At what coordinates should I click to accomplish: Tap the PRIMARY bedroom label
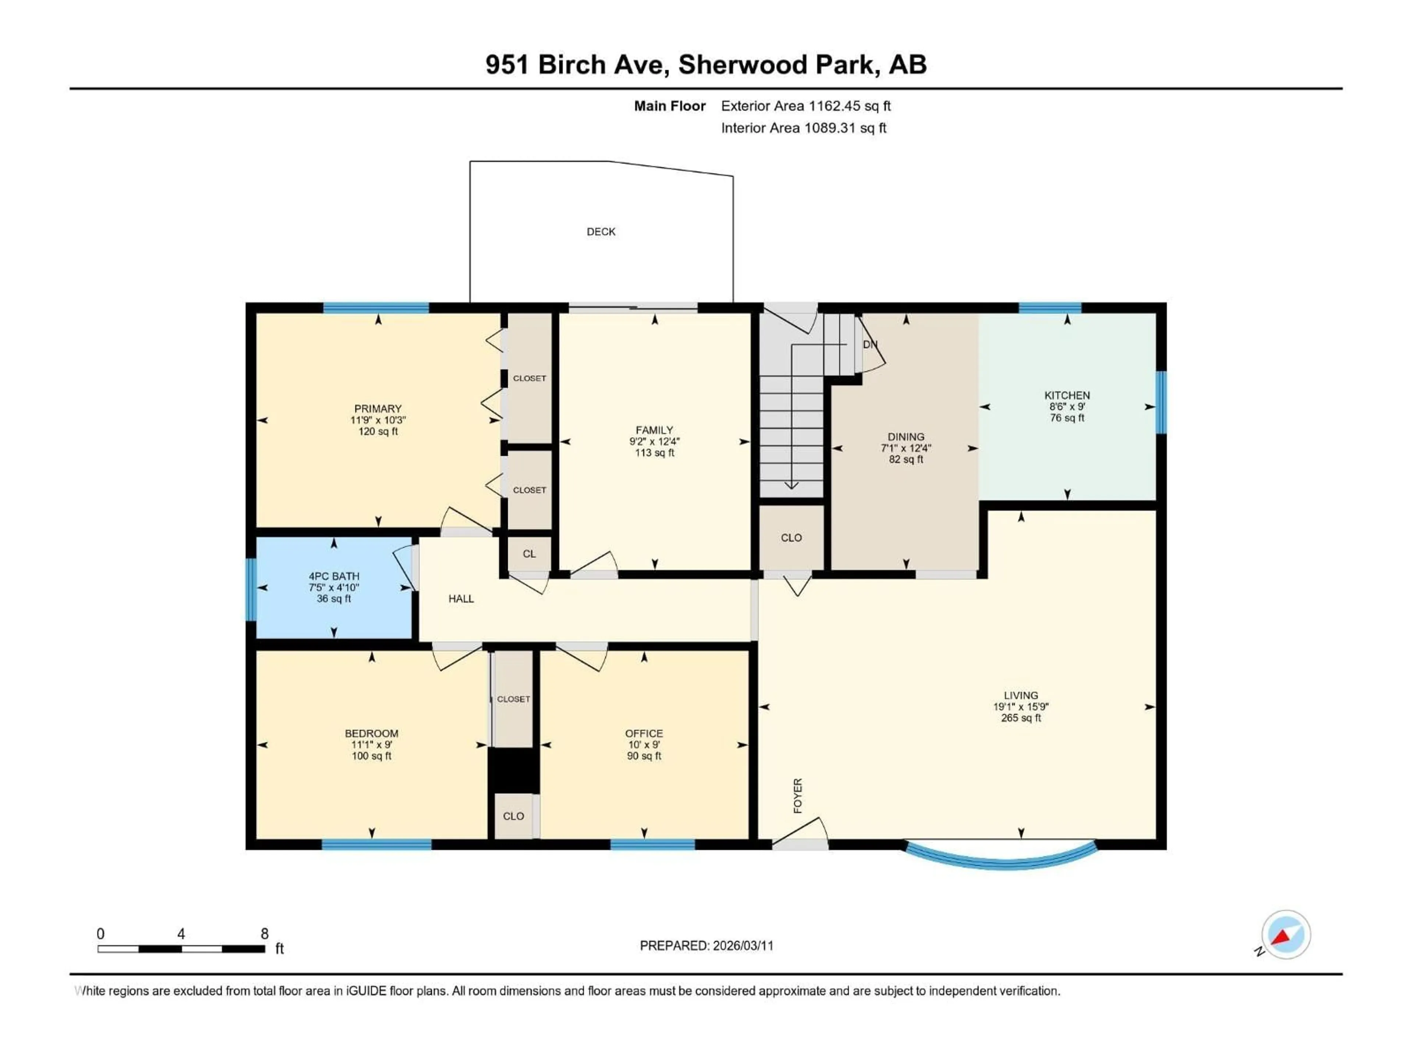[378, 408]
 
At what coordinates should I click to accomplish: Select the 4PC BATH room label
[333, 576]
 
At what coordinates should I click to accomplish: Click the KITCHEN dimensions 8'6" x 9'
[1067, 406]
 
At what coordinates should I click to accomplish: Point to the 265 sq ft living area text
[1020, 718]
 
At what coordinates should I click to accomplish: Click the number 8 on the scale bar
[265, 933]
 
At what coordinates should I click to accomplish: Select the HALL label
[461, 599]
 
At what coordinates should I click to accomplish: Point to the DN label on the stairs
[870, 344]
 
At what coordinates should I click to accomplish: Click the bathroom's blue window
[251, 589]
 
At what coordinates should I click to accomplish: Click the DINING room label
[905, 437]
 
